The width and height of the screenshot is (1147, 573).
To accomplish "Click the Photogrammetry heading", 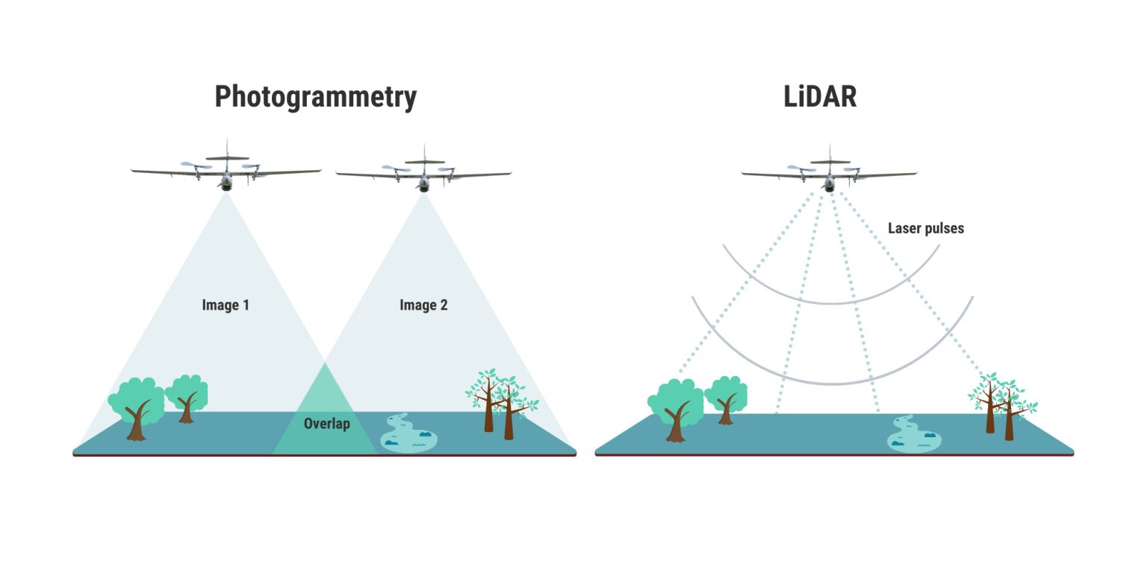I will click(x=315, y=97).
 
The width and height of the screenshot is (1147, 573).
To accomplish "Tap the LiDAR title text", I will click(x=819, y=97).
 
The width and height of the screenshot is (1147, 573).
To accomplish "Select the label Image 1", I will click(x=226, y=305).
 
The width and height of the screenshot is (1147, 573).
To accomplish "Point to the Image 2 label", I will click(x=423, y=305).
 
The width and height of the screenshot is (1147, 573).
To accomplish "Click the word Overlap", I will click(x=326, y=425).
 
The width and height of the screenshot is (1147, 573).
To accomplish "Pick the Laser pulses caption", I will click(x=925, y=228).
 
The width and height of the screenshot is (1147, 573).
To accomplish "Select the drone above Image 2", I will click(x=423, y=173).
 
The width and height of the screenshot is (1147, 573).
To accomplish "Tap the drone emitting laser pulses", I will click(x=829, y=173).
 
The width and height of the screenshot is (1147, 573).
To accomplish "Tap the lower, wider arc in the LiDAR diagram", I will click(x=832, y=383).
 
